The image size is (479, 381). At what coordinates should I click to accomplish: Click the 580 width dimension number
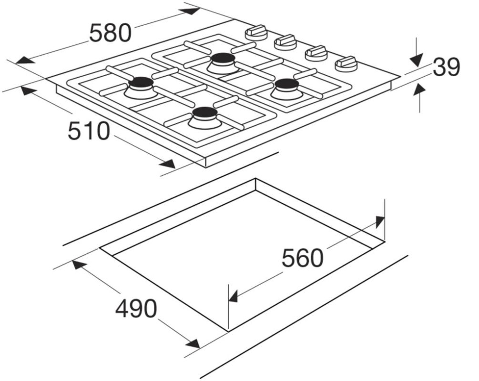coord(110,33)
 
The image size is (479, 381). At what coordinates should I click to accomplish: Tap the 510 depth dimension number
coord(89,130)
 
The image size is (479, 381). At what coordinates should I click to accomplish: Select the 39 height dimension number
coord(446,67)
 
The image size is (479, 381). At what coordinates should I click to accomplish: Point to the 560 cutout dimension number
coord(302,258)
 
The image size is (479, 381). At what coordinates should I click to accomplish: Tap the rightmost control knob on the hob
coord(346,64)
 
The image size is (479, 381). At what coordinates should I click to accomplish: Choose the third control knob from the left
coord(316,53)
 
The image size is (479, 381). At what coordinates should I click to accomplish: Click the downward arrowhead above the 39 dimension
coord(416,60)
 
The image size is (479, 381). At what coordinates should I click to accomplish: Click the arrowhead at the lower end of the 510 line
coord(167,164)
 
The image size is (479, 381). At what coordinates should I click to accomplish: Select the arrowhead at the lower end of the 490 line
coord(193,343)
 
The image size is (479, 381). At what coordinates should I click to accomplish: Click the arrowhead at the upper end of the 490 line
coord(80,266)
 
